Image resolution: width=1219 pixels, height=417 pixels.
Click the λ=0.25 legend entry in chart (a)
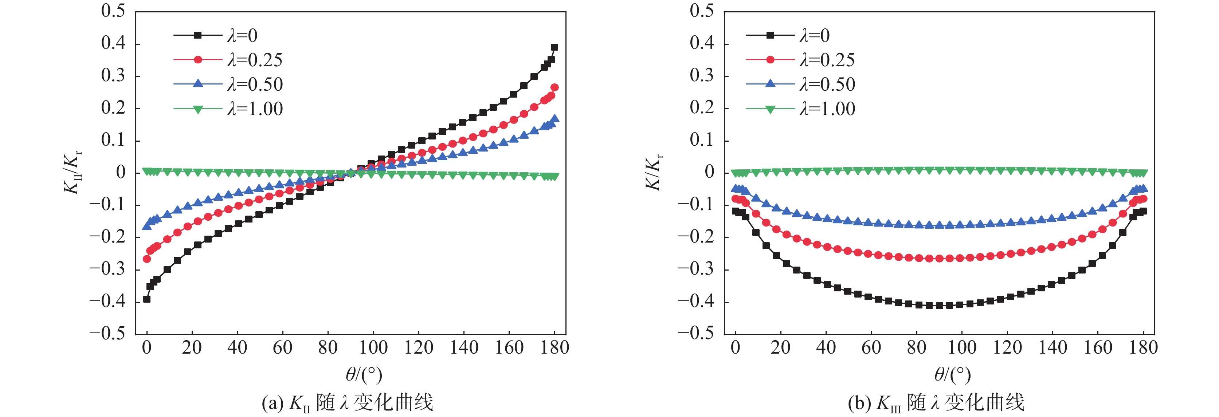pyautogui.click(x=255, y=60)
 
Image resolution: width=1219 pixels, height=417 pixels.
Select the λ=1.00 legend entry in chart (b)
pyautogui.click(x=827, y=109)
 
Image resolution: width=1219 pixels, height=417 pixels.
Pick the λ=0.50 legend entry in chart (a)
pyautogui.click(x=255, y=84)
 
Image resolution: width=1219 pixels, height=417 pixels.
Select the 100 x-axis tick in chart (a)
pyautogui.click(x=373, y=348)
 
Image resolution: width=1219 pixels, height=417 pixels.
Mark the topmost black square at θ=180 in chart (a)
pyautogui.click(x=554, y=47)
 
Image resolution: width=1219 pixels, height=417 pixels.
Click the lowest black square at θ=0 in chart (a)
pyautogui.click(x=147, y=299)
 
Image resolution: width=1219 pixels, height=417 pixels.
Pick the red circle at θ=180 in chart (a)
pyautogui.click(x=554, y=87)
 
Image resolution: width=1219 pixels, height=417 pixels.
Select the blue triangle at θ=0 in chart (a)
pyautogui.click(x=147, y=227)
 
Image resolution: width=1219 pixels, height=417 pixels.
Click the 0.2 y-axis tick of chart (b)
pyautogui.click(x=702, y=108)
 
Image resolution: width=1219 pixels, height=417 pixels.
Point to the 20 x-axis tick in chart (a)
pyautogui.click(x=192, y=348)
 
